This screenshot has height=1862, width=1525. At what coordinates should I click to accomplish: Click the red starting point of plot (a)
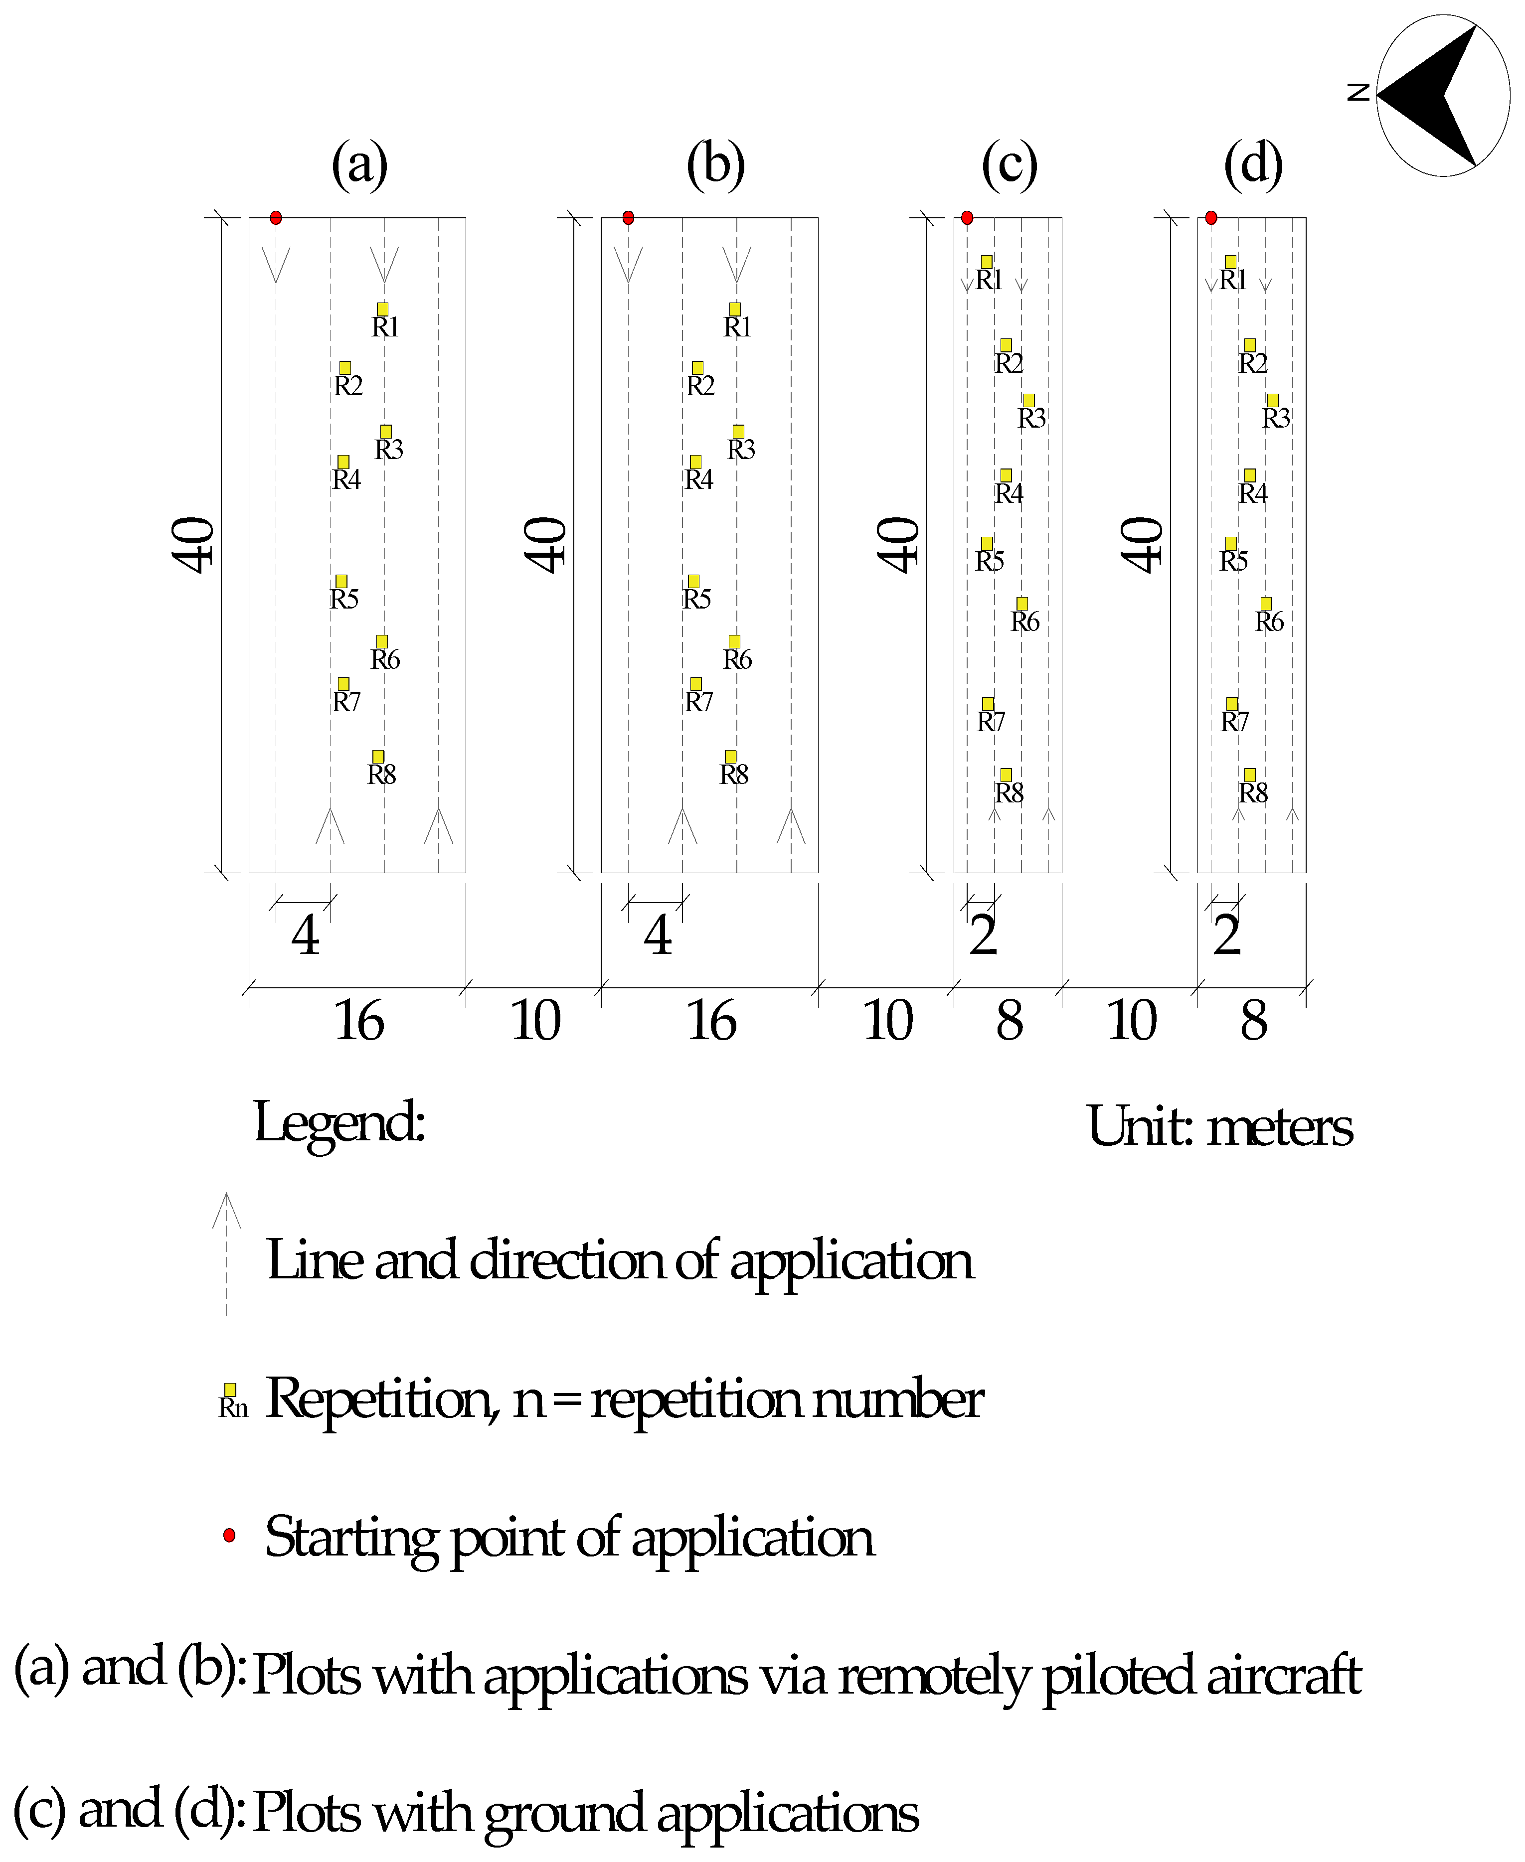276,218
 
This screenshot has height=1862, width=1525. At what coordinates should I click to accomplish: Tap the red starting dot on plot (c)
967,218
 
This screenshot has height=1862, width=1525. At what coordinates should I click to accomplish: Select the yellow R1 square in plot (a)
383,309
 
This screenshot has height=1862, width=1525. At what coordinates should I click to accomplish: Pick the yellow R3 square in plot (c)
1028,401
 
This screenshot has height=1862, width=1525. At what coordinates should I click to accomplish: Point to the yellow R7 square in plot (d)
1232,704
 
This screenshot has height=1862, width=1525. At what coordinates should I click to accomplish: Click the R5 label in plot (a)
344,599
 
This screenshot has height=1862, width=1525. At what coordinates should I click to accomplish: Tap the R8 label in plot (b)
734,775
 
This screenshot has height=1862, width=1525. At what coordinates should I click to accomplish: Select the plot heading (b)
716,165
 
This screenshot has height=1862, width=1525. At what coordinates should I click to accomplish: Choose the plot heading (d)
1254,165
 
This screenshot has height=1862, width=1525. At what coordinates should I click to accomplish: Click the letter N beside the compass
1358,91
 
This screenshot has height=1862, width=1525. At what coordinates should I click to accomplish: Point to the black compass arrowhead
1432,95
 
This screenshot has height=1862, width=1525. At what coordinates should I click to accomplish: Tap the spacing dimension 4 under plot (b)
658,935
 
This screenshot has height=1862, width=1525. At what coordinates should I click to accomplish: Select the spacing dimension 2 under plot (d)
1227,935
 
